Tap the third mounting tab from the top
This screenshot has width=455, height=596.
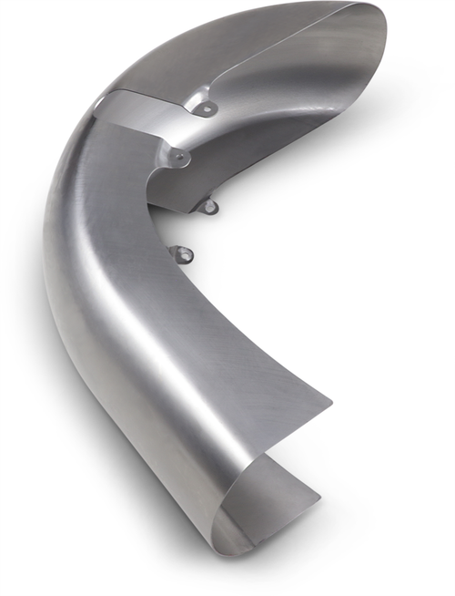[x=209, y=207]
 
